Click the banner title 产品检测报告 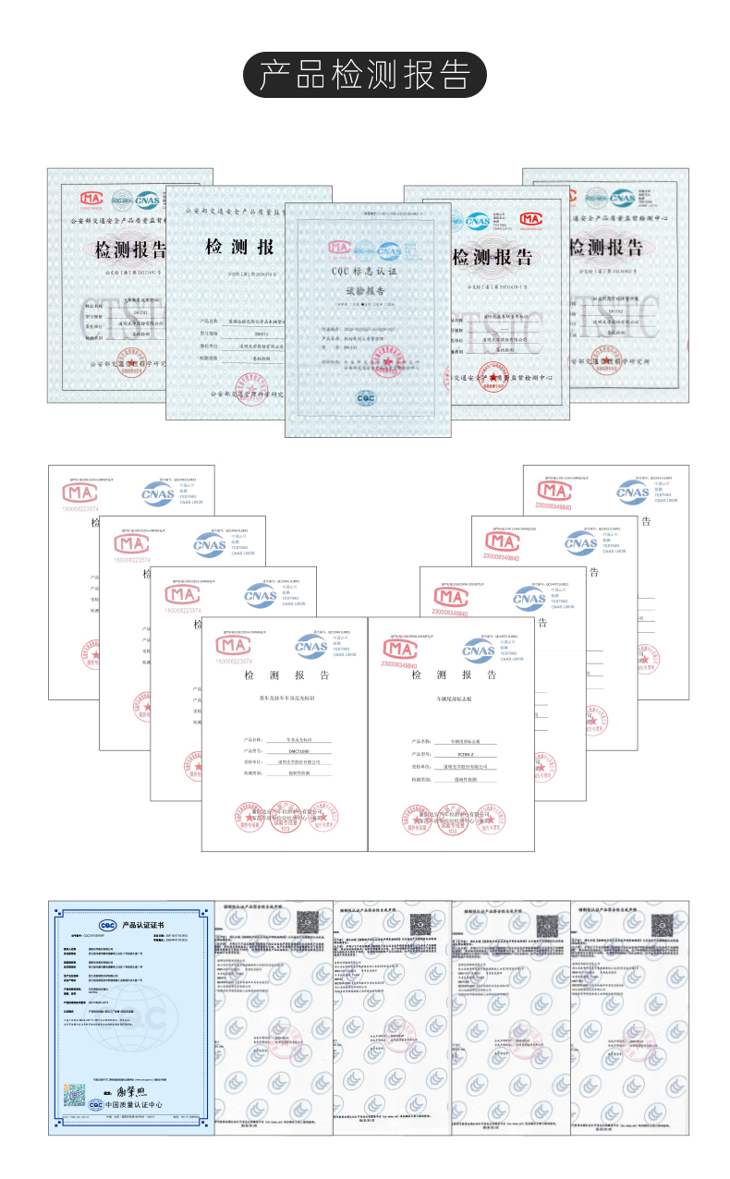click(x=364, y=75)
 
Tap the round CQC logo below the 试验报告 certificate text click(x=366, y=398)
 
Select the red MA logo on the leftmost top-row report click(x=91, y=198)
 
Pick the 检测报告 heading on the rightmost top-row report click(x=605, y=248)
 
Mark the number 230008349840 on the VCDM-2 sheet click(x=400, y=665)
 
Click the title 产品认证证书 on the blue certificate click(x=144, y=925)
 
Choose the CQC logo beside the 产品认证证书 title click(x=108, y=925)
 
